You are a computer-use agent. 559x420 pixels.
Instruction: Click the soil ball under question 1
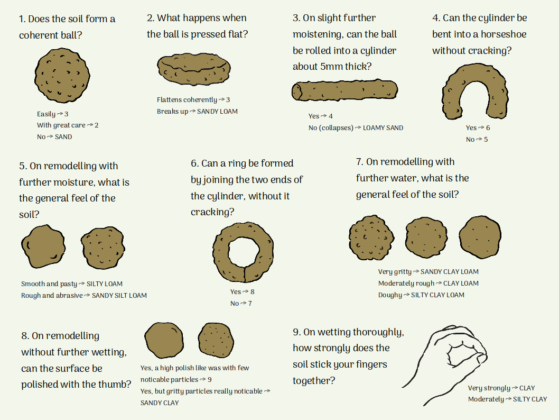[x=62, y=76]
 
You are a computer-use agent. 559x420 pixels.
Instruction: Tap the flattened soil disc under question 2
[x=194, y=69]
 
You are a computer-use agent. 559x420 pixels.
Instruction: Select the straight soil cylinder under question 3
[x=344, y=90]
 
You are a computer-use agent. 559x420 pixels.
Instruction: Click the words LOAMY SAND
[x=383, y=128]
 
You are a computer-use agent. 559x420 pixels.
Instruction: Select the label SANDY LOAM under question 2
[x=217, y=111]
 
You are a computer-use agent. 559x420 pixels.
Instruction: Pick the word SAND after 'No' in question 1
[x=63, y=136]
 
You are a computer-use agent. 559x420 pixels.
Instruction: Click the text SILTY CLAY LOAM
[x=437, y=295]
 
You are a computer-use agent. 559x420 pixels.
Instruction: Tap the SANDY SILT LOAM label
[x=119, y=296]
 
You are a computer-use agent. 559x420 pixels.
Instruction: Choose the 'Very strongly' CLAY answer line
[x=501, y=388]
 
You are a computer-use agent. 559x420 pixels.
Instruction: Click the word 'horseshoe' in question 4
[x=504, y=34]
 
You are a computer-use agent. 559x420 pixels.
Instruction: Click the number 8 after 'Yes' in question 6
[x=253, y=291]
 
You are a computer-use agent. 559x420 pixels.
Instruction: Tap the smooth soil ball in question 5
[x=43, y=246]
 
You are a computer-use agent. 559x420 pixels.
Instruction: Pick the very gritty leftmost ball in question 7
[x=371, y=238]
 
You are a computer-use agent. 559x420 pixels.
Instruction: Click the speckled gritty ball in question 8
[x=216, y=340]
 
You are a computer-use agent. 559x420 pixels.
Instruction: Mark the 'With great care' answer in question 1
[x=68, y=125]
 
